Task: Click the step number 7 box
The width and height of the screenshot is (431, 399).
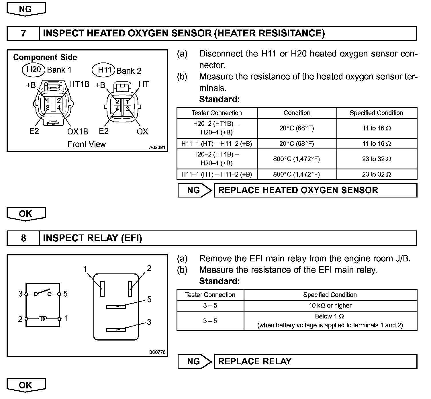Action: click(23, 33)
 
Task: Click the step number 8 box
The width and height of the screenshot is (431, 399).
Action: click(23, 238)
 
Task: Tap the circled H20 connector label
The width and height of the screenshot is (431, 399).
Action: click(34, 69)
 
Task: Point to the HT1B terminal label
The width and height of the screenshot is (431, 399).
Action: click(79, 84)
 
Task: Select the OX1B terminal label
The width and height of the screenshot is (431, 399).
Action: click(78, 132)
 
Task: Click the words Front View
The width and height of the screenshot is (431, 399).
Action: click(87, 144)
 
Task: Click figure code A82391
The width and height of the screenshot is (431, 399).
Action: click(157, 147)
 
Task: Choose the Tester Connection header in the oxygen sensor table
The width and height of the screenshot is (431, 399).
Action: click(217, 113)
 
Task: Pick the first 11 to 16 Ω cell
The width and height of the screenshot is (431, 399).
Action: click(377, 128)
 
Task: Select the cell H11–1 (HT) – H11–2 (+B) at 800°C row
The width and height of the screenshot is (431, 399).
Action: click(217, 174)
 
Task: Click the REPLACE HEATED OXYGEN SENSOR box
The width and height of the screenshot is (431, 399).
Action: click(315, 190)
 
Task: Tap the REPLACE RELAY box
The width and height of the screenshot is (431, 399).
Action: click(315, 361)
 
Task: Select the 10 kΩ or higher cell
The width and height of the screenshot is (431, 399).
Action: click(330, 306)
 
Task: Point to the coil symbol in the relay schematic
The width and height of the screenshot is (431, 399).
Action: click(43, 318)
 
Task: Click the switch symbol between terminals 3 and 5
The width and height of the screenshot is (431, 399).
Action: click(43, 293)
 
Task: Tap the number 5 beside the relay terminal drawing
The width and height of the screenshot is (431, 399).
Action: click(149, 300)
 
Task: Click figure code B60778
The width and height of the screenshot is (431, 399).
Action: click(157, 352)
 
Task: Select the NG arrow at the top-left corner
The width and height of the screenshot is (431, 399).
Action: click(26, 9)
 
